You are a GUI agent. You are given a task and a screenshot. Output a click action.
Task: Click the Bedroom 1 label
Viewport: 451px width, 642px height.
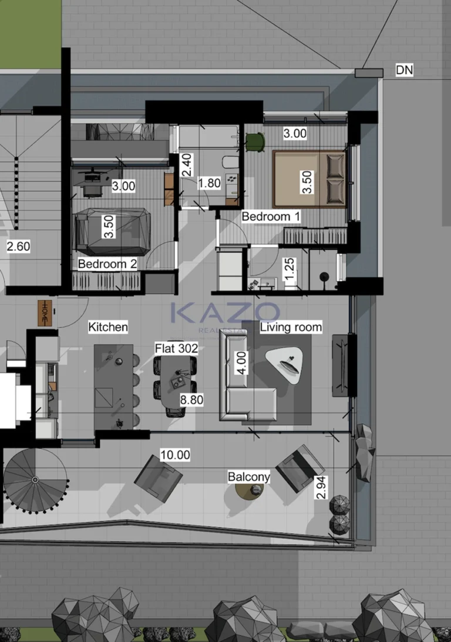(271, 216)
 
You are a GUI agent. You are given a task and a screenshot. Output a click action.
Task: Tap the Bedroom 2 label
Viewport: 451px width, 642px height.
(107, 264)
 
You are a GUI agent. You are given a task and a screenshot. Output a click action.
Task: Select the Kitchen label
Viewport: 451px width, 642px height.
(108, 326)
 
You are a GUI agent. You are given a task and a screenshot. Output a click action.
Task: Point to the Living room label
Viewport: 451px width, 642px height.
(291, 327)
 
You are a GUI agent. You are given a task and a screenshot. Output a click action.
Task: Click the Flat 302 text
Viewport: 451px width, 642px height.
(176, 349)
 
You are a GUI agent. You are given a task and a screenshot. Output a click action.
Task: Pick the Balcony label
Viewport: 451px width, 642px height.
(249, 477)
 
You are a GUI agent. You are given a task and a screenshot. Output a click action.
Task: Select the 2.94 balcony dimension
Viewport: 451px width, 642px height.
(321, 487)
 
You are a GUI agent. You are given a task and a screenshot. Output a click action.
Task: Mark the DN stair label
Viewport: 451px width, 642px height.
(404, 71)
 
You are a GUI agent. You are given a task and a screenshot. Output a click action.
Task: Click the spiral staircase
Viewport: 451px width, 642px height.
(35, 480)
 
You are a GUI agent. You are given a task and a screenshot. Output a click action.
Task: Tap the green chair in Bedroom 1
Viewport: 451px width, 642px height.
(255, 142)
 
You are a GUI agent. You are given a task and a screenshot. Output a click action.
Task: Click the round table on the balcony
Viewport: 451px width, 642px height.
(249, 491)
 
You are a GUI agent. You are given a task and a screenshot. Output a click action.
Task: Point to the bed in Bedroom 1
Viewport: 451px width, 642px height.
(309, 179)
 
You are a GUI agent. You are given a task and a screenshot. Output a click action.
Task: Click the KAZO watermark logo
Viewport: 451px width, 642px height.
(225, 313)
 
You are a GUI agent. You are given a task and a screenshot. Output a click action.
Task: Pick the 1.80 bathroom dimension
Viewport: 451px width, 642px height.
(209, 183)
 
